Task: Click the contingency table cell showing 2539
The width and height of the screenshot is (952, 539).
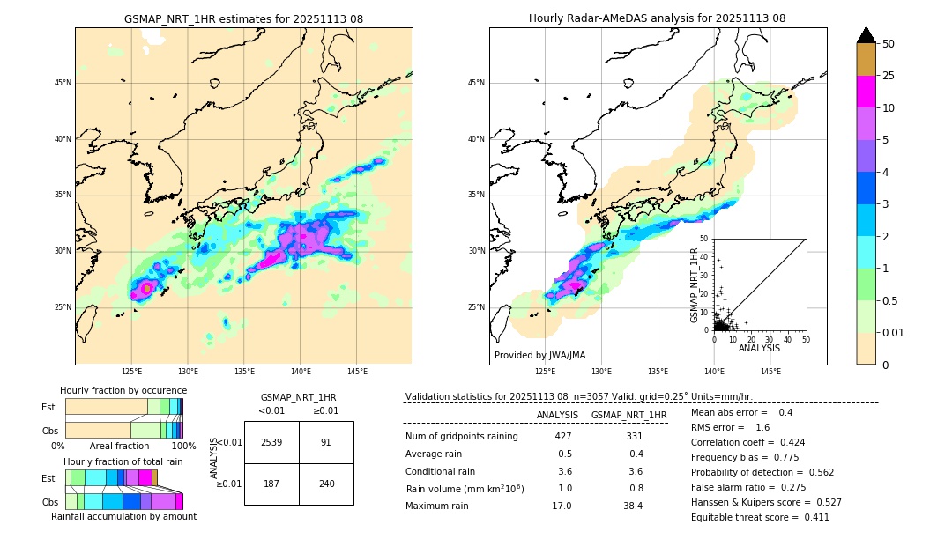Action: click(271, 442)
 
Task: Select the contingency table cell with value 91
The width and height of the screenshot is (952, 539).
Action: click(325, 442)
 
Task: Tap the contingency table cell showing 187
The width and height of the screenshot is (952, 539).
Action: click(271, 484)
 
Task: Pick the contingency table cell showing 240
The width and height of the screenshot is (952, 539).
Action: click(325, 484)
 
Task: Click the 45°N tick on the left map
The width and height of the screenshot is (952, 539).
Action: click(63, 83)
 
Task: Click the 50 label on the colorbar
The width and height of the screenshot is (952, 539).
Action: click(889, 44)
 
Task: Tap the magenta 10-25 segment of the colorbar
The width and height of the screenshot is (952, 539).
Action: click(866, 92)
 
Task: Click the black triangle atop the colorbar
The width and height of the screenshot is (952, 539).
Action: click(866, 35)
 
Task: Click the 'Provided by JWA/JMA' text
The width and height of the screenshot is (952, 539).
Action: click(539, 355)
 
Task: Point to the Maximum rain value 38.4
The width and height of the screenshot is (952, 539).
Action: click(633, 506)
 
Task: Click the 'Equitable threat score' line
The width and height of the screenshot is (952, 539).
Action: click(760, 517)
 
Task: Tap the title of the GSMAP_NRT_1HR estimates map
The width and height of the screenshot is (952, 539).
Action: click(243, 18)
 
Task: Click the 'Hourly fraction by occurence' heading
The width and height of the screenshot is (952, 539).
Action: click(123, 390)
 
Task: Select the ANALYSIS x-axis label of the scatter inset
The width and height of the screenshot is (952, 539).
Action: click(759, 348)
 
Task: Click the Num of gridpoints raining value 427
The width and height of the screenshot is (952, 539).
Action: click(563, 437)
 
